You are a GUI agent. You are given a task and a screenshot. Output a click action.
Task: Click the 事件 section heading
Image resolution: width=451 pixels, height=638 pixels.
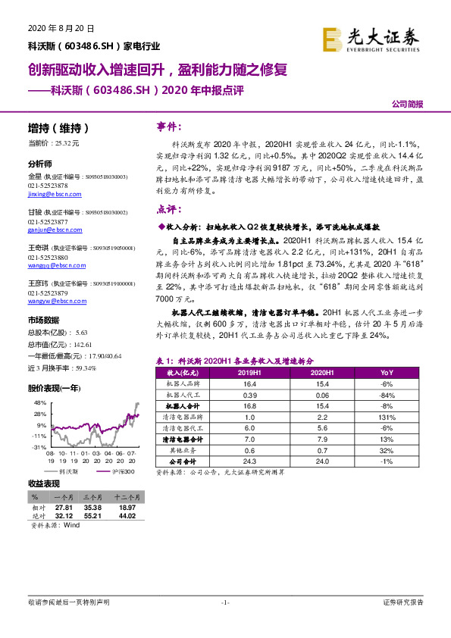(x=168, y=126)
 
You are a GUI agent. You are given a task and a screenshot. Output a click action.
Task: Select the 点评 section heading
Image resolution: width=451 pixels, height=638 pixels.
(x=168, y=208)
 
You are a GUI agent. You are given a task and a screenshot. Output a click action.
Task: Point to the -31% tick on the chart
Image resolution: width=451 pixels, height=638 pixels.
(x=38, y=447)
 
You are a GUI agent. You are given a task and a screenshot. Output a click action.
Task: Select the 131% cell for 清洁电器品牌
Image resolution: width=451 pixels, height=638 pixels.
(x=387, y=418)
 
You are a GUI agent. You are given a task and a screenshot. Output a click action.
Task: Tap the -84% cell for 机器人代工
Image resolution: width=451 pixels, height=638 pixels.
(x=387, y=396)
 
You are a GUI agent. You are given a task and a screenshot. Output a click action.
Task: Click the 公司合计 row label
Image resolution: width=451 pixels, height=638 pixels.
(x=183, y=461)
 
